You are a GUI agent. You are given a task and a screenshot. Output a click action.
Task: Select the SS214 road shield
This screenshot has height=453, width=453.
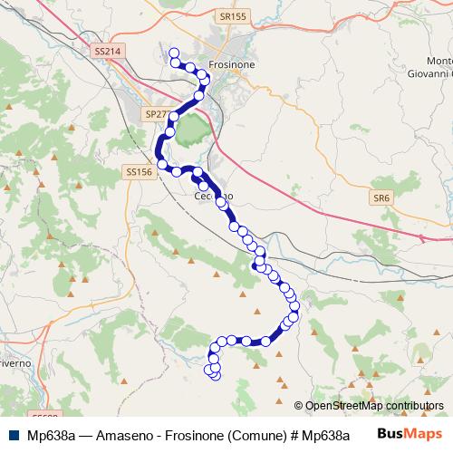coord(106,53)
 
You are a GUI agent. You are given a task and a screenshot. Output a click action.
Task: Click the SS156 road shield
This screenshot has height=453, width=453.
coord(139,171)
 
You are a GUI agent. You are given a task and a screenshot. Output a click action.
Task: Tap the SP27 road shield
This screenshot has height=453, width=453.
coord(156,115)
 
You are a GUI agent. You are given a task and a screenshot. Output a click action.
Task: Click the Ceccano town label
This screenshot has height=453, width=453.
coord(215,195)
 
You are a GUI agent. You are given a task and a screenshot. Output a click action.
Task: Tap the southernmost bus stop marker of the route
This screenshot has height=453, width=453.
coord(216,375)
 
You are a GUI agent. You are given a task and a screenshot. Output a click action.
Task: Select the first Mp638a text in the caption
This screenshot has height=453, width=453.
coord(50,434)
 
